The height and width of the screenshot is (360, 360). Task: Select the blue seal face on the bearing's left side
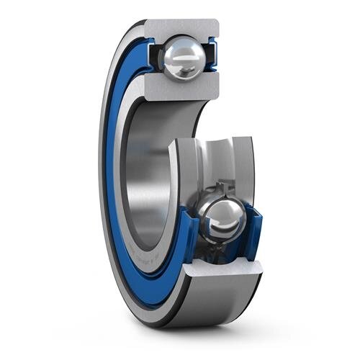pyautogui.click(x=112, y=180)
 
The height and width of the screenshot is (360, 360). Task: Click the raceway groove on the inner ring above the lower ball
pyautogui.click(x=216, y=162)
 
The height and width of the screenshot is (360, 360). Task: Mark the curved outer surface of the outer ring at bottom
pyautogui.click(x=216, y=302)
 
